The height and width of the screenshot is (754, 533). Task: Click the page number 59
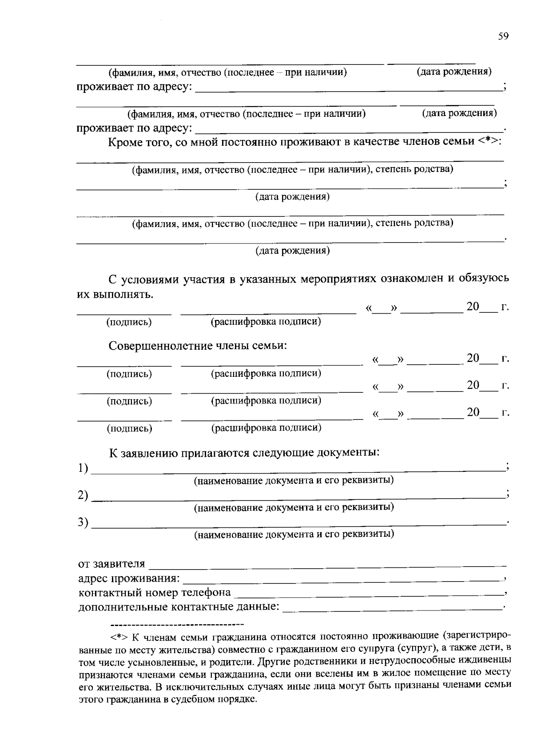[x=503, y=36]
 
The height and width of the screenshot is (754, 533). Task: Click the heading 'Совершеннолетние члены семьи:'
[x=198, y=346]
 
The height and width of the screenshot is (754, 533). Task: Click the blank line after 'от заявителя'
[x=326, y=565]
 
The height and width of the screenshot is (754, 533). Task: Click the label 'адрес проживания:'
[x=129, y=578]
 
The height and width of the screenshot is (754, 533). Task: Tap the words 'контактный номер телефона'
[x=155, y=593]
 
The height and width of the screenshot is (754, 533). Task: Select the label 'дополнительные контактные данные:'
[x=179, y=607]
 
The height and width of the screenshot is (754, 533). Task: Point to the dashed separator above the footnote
[x=177, y=625]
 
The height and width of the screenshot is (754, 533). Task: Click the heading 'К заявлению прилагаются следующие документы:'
[x=244, y=453]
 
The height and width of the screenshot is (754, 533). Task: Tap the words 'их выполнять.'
[x=115, y=294]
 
